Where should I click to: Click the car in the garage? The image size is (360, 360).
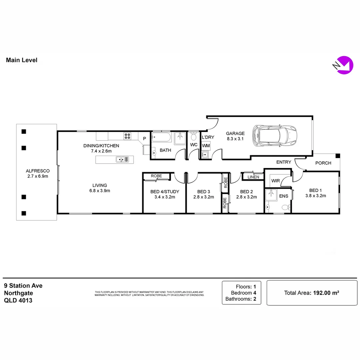[x=275, y=135]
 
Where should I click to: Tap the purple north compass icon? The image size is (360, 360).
[x=343, y=66]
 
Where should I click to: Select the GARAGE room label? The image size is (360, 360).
[x=235, y=133]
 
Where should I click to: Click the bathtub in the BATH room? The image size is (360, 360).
[x=162, y=137]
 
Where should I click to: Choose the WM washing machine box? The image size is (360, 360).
[x=206, y=146]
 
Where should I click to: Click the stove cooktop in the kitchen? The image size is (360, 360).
[x=127, y=136]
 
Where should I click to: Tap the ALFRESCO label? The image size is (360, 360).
[x=38, y=171]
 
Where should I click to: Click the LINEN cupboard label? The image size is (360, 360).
[x=253, y=177]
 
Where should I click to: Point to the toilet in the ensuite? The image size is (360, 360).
[x=285, y=208]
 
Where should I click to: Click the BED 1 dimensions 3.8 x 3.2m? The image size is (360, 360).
[x=315, y=196]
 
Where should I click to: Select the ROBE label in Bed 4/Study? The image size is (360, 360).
[x=156, y=176]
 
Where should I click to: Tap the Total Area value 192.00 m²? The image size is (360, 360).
[x=325, y=293]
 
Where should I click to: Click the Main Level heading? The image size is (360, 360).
[x=22, y=60]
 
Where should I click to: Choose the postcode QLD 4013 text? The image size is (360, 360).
[x=18, y=300]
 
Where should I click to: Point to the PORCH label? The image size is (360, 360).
[x=323, y=163]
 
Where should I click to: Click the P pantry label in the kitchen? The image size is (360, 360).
[x=144, y=138]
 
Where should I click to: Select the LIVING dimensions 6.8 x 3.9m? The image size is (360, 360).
[x=100, y=191]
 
